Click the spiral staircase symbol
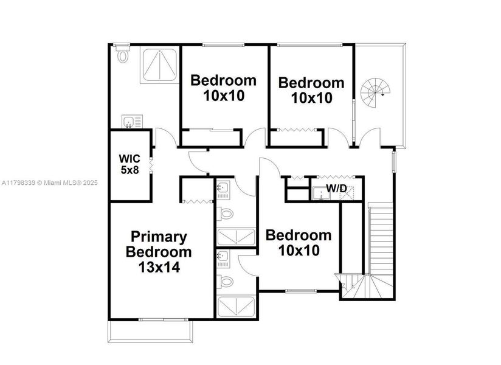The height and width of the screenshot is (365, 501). (372, 92)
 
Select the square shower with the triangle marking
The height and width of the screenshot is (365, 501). (160, 66)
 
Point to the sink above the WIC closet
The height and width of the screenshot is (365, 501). (128, 122)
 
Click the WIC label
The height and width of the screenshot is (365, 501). (129, 159)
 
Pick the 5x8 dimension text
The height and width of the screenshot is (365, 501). (129, 170)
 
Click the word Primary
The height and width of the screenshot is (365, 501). (159, 237)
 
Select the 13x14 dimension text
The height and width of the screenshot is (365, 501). (158, 267)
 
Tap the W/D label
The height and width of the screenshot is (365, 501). (336, 189)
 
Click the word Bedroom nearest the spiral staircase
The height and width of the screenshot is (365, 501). (311, 83)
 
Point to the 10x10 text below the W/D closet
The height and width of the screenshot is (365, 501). (299, 250)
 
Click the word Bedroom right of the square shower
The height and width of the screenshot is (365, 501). (223, 80)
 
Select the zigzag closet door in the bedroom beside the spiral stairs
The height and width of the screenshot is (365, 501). (295, 130)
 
